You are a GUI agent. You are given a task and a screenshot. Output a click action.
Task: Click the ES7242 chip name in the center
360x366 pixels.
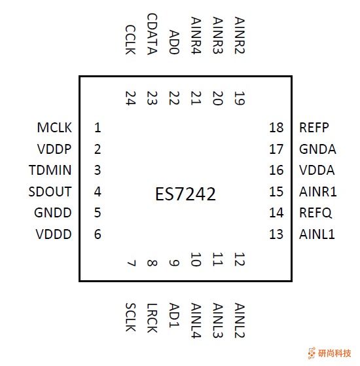(185, 194)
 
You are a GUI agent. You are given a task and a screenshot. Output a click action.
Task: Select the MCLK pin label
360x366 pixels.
(54, 128)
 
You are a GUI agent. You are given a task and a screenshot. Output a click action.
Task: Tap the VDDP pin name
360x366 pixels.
(54, 149)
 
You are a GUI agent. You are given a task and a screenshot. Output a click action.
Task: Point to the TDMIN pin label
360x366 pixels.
(50, 171)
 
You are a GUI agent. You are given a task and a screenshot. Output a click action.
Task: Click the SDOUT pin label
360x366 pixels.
(50, 192)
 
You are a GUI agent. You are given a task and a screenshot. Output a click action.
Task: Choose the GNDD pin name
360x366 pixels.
(53, 213)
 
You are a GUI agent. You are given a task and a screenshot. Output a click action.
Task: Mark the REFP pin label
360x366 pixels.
(314, 128)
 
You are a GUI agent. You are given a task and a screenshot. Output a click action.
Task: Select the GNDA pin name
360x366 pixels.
(317, 149)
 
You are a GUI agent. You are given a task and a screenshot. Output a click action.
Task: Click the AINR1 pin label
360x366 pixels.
(318, 192)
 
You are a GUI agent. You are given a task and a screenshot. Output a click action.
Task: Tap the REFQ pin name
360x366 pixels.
(315, 213)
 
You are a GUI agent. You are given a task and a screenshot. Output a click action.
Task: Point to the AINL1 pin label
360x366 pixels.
(317, 234)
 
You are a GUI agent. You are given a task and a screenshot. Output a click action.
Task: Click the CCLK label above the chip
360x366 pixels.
(130, 39)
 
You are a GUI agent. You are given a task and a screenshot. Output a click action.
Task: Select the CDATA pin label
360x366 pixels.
(152, 34)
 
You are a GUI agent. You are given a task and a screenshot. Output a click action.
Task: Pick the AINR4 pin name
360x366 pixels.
(196, 36)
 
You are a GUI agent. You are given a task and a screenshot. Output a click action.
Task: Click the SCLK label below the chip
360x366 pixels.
(130, 317)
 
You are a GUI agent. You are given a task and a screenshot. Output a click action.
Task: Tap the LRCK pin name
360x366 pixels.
(152, 317)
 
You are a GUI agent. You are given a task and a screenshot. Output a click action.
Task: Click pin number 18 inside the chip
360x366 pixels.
(276, 128)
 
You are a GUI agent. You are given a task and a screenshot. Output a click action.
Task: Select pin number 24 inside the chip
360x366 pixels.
(130, 98)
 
